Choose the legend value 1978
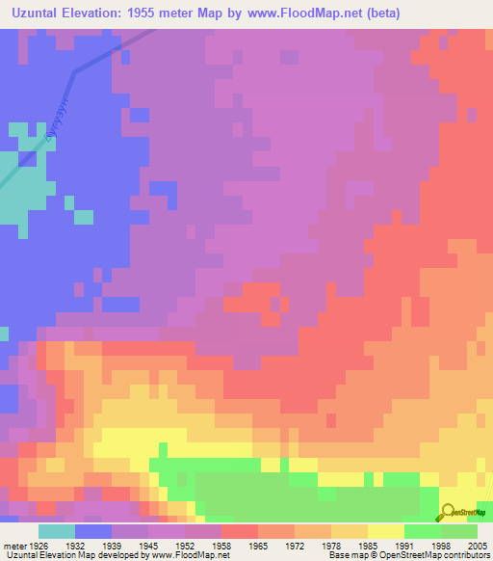pyautogui.click(x=331, y=544)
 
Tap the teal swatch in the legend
pyautogui.click(x=56, y=530)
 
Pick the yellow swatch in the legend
pyautogui.click(x=385, y=530)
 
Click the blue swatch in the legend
pyautogui.click(x=92, y=530)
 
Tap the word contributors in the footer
pyautogui.click(x=466, y=555)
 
